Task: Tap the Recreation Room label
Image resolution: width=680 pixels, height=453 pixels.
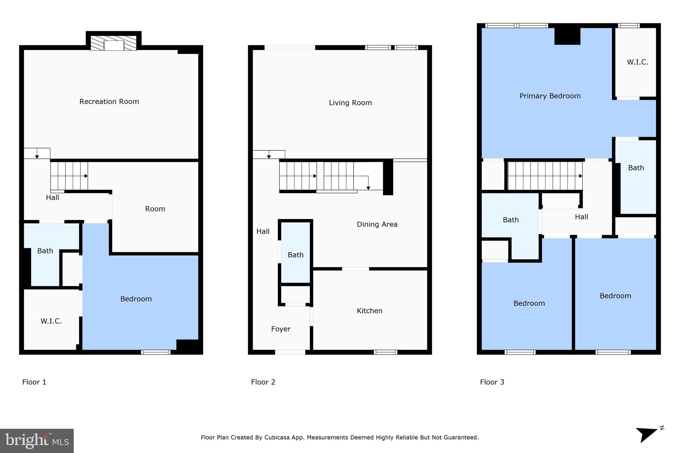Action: point(109,102)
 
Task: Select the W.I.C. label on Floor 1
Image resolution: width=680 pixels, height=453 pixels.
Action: point(51,321)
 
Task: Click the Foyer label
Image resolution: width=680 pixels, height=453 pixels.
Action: point(281,329)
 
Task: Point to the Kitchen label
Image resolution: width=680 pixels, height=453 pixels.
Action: point(370,311)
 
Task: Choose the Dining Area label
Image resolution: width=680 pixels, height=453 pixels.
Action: point(377,224)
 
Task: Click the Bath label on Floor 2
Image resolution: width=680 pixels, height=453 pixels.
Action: point(296,255)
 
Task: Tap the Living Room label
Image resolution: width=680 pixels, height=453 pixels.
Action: point(350,103)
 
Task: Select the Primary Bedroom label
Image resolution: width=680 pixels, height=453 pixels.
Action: point(550,96)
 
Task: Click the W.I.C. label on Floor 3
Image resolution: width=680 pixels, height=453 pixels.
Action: point(637,62)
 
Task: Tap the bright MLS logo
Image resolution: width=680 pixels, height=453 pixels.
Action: point(37,441)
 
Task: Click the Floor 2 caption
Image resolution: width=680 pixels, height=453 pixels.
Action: point(263,382)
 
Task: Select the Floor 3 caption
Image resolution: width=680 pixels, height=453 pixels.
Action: point(492,382)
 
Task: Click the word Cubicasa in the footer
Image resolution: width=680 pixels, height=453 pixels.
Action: point(277,437)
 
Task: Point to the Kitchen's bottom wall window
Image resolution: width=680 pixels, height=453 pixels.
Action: point(385,352)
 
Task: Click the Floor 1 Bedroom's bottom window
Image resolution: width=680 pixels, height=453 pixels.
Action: point(156,352)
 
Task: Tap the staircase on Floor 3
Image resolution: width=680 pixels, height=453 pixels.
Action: point(545,176)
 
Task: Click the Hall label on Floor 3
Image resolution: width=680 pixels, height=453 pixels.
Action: point(581,217)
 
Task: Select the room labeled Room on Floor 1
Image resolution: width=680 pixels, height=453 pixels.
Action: point(155,209)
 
